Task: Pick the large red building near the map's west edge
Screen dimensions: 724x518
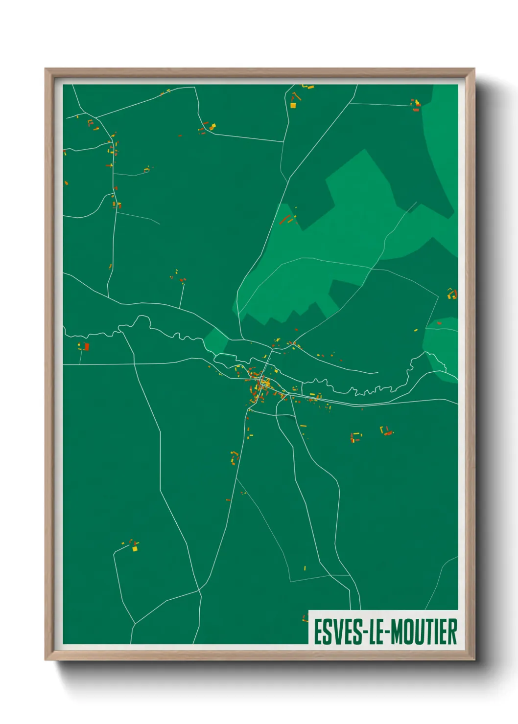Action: (x=87, y=347)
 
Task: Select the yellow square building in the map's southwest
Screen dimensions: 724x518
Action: (x=135, y=549)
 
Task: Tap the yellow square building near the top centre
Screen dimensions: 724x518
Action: (x=293, y=105)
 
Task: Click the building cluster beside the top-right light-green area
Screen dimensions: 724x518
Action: (x=416, y=105)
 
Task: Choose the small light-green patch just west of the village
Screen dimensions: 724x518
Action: (x=214, y=340)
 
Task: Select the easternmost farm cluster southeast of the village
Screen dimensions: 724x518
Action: (x=387, y=431)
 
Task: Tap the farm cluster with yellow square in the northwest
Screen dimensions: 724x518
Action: (x=209, y=128)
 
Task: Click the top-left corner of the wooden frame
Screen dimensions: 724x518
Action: (x=46, y=69)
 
